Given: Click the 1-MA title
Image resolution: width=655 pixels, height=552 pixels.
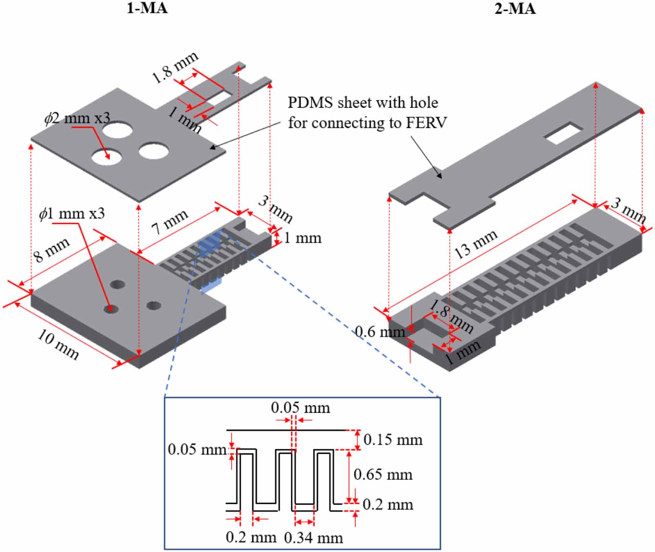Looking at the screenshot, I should coord(147,8).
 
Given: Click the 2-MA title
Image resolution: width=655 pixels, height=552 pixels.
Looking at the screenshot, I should coord(515,8).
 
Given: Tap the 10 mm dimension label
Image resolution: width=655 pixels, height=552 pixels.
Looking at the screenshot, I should coord(58,345).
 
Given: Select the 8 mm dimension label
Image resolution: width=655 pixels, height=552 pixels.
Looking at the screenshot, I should coord(51,250).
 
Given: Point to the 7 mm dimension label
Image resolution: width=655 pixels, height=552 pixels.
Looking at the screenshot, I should coord(169,222).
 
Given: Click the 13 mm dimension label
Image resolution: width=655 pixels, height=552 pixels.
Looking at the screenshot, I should coord(476,244).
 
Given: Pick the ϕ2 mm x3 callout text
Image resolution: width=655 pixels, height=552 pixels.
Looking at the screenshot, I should coord(77,118).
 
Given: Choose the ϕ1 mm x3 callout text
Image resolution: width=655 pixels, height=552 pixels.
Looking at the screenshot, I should coord(72,214).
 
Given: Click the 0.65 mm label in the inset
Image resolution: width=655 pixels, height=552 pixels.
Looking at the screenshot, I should coord(383,475).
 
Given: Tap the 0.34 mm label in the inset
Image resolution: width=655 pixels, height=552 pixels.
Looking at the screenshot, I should coord(313,538).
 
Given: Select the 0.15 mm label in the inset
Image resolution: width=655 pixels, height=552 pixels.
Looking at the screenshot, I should coord(393,440).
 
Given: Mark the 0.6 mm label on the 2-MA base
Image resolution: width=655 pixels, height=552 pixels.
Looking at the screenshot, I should coord(379,332).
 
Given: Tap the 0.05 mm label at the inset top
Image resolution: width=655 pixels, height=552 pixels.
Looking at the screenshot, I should coord(300,408).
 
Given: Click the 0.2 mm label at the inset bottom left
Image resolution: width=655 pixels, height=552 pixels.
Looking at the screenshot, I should coord(251,538).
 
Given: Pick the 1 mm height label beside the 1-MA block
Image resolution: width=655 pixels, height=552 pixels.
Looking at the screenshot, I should coord(302,238).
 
